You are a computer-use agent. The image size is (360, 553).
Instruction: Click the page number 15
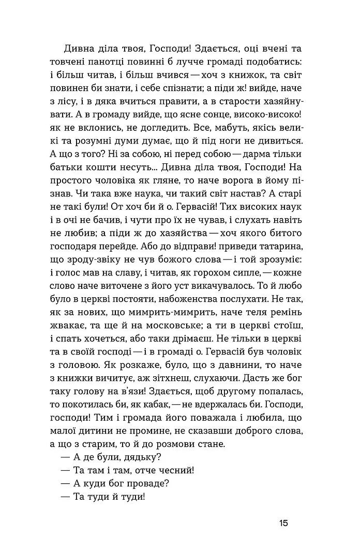282,523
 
